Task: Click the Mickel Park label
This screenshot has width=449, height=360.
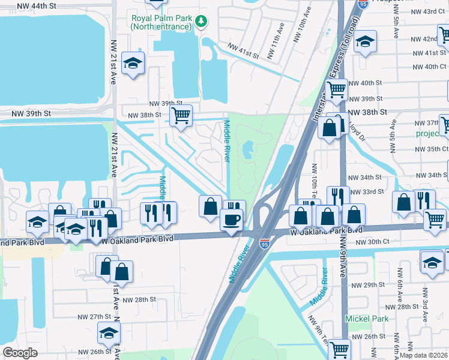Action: [366, 319]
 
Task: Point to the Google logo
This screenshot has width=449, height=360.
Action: [20, 353]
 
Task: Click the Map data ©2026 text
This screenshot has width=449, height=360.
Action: [424, 355]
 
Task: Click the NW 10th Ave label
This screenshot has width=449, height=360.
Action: [299, 29]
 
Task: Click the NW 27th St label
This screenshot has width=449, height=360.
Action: [94, 316]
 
